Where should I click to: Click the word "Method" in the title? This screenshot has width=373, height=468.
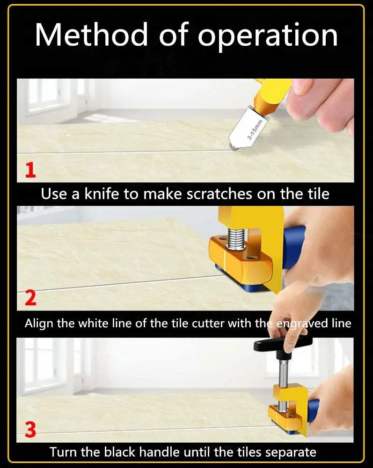92,34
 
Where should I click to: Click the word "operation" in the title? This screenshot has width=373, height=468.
267,36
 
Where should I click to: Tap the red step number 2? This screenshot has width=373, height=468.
30,298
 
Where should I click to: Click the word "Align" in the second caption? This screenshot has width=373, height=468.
39,323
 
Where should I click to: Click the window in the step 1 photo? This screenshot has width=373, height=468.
44,96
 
